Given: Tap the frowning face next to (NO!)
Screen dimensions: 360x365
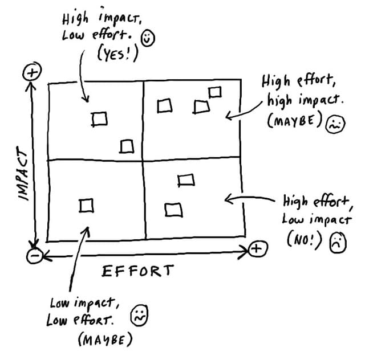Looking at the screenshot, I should (337, 242).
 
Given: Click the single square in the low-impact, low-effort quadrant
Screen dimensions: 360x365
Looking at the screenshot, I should (86, 205).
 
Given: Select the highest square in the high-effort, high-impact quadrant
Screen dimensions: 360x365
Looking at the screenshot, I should (215, 92).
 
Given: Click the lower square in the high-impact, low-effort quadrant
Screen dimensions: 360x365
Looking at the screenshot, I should (127, 147).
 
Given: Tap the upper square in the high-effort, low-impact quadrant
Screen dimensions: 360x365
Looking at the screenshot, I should (186, 180).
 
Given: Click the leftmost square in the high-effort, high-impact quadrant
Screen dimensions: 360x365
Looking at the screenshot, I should (165, 106).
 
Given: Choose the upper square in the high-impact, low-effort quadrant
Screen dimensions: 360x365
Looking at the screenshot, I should (100, 118).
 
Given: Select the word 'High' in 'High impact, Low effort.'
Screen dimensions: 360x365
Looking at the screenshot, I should (75, 18).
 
